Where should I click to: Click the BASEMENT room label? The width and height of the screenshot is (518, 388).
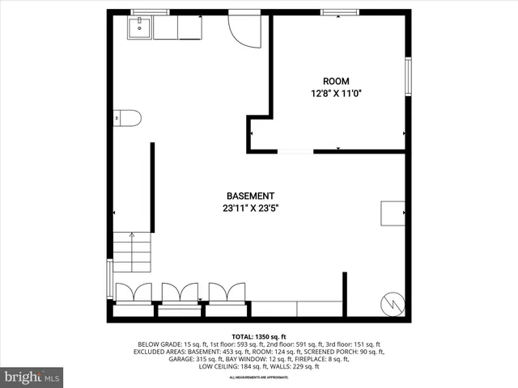click(250, 196)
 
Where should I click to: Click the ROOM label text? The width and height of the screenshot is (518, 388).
click(336, 81)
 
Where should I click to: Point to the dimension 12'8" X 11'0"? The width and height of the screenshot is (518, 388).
click(336, 93)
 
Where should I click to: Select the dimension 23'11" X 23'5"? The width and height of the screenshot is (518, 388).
click(250, 208)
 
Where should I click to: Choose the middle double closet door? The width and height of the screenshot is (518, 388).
click(180, 293)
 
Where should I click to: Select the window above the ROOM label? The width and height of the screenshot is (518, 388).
click(336, 12)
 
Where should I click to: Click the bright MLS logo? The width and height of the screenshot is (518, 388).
click(32, 376)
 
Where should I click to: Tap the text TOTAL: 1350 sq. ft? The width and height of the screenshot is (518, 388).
click(259, 336)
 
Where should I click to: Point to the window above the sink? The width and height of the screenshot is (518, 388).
click(150, 12)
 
